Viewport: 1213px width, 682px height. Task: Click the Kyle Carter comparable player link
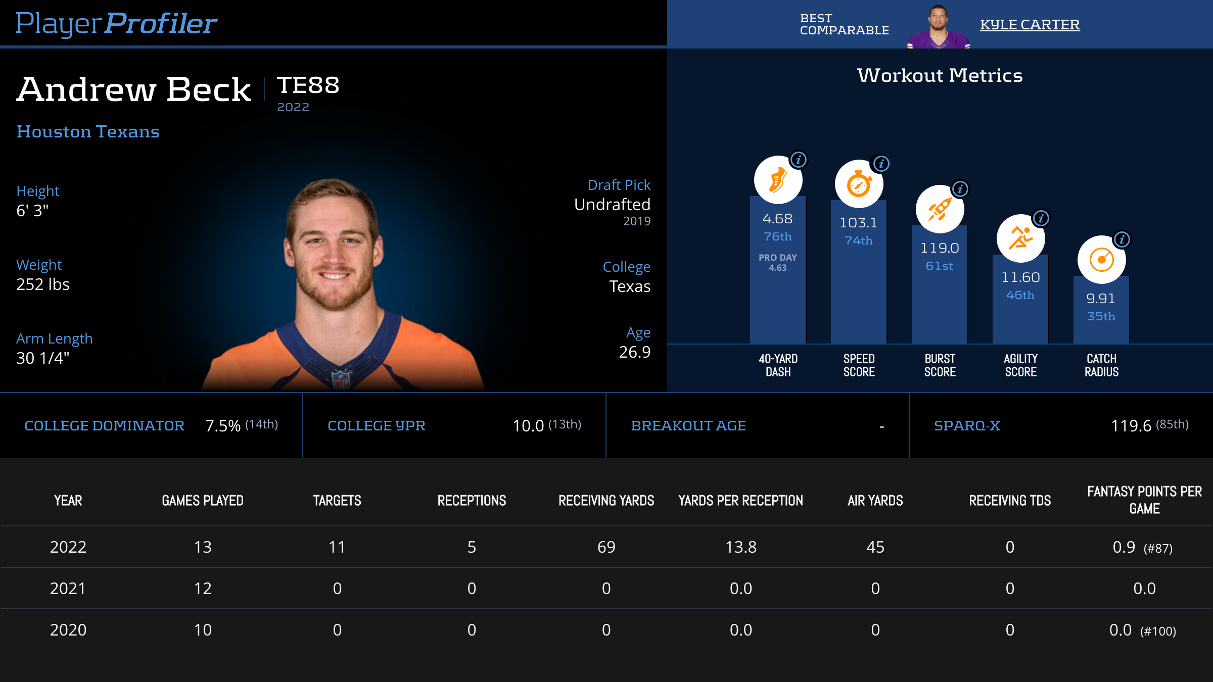click(1030, 24)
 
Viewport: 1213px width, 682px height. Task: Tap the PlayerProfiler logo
click(116, 23)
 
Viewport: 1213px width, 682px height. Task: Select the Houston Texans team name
click(88, 131)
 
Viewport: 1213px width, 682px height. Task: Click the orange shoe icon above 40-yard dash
click(778, 180)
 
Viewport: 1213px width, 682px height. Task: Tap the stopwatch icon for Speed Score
click(859, 184)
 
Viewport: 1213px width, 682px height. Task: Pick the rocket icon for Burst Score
click(940, 209)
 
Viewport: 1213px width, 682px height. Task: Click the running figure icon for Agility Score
click(1020, 238)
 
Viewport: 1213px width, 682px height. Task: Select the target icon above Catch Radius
click(1101, 260)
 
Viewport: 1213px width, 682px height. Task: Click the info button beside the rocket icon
click(960, 189)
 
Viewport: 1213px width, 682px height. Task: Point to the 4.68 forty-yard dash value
click(777, 219)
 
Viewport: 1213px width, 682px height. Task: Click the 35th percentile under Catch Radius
click(1101, 316)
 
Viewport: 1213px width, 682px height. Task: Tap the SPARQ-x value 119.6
click(1131, 426)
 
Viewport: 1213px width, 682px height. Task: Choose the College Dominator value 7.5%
click(222, 426)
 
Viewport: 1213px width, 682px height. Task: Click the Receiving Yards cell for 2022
click(606, 547)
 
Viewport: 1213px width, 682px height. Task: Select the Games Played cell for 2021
click(203, 589)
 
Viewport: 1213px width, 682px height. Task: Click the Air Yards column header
click(875, 501)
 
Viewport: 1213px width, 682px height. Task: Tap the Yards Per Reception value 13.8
click(740, 547)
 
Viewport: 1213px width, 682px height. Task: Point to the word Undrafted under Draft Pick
click(612, 205)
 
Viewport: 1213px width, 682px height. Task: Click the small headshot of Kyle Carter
click(938, 26)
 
